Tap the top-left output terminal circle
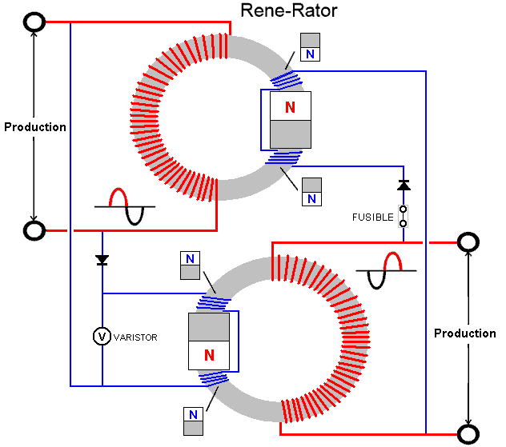pyautogui.click(x=34, y=22)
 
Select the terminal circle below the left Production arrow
pyautogui.click(x=34, y=231)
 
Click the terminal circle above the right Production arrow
pyautogui.click(x=466, y=241)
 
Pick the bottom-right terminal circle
pyautogui.click(x=466, y=434)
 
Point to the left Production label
pyautogui.click(x=34, y=127)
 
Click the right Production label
pyautogui.click(x=465, y=333)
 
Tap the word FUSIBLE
pyautogui.click(x=373, y=217)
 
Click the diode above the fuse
pyautogui.click(x=404, y=186)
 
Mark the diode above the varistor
pyautogui.click(x=102, y=260)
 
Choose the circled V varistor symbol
pyautogui.click(x=102, y=337)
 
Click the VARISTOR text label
pyautogui.click(x=136, y=337)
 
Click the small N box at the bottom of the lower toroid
pyautogui.click(x=191, y=421)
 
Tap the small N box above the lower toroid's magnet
pyautogui.click(x=190, y=265)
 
